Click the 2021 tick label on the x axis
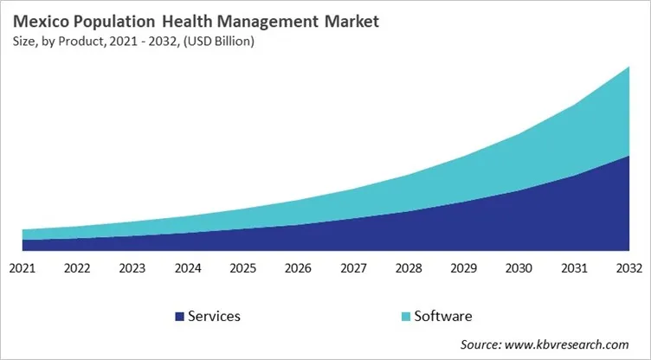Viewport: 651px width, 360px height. pyautogui.click(x=22, y=268)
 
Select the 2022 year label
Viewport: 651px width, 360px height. pyautogui.click(x=77, y=268)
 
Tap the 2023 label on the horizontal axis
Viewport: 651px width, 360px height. pyautogui.click(x=132, y=268)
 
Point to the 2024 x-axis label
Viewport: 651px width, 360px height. pyautogui.click(x=187, y=268)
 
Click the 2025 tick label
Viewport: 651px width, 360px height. pyautogui.click(x=242, y=268)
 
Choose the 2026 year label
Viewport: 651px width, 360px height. pyautogui.click(x=298, y=268)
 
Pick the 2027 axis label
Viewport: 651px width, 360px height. pyautogui.click(x=353, y=268)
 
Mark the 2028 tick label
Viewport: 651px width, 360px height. pyautogui.click(x=408, y=268)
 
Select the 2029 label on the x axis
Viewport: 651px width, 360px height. pyautogui.click(x=463, y=268)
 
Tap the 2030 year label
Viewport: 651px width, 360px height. pyautogui.click(x=519, y=268)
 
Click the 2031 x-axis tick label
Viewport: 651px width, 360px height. pyautogui.click(x=574, y=268)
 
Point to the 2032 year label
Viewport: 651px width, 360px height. pyautogui.click(x=628, y=268)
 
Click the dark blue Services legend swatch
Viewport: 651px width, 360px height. pyautogui.click(x=180, y=317)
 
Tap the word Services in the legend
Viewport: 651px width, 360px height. pyautogui.click(x=215, y=317)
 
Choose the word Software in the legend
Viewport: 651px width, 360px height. pyautogui.click(x=442, y=317)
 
